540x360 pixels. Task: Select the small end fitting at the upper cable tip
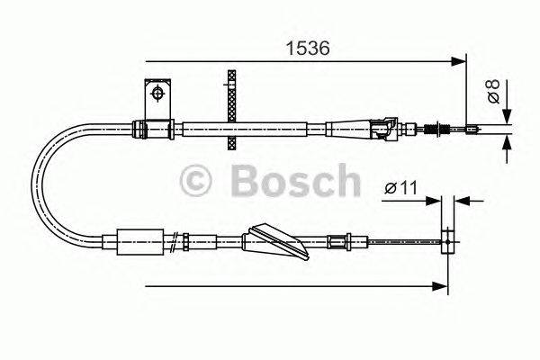tap(472, 130)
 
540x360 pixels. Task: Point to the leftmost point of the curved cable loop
tap(33, 184)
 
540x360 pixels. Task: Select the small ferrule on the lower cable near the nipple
tap(339, 240)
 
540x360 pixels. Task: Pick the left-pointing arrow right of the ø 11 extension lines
tap(462, 202)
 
